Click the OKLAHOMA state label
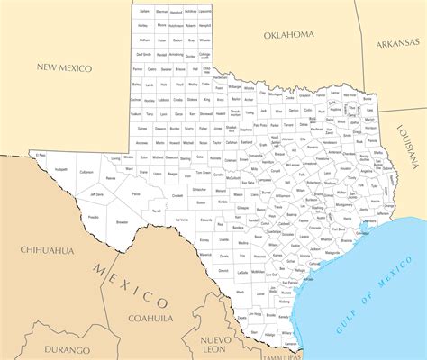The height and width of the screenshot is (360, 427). click(289, 34)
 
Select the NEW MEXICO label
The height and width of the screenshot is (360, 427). click(65, 67)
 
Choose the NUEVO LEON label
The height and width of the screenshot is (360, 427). click(223, 344)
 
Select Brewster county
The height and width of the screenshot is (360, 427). click(123, 221)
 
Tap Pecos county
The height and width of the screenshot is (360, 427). click(136, 193)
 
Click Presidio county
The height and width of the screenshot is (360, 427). click(94, 217)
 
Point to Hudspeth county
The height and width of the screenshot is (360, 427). click(60, 168)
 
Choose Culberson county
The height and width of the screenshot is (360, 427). click(86, 170)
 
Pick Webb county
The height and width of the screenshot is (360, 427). click(241, 292)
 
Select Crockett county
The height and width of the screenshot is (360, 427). click(177, 195)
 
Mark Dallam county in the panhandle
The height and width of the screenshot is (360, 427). click(145, 11)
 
